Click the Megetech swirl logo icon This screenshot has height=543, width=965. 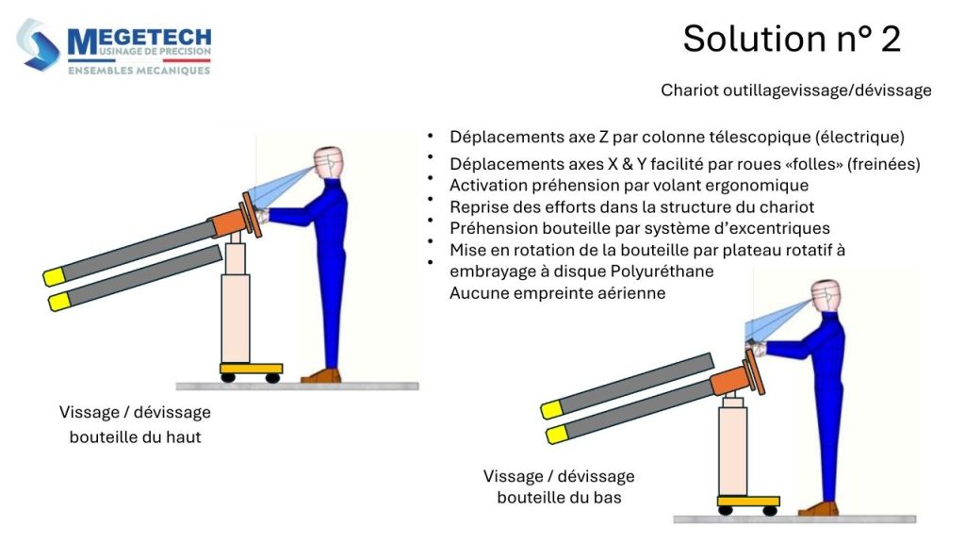point(39,45)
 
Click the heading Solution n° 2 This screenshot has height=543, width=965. point(791,39)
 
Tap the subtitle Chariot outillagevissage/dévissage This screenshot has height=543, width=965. point(795,90)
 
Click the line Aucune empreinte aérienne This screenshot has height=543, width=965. point(557,293)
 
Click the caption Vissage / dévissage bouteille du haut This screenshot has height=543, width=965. point(135,424)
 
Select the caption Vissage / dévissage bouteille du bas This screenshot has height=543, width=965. point(559,486)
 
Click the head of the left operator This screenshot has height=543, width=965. point(328,162)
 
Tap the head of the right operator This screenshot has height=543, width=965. point(824,295)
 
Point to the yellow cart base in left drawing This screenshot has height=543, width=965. point(251,368)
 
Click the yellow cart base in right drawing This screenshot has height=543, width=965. point(747,501)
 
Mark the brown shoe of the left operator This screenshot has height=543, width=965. point(322,375)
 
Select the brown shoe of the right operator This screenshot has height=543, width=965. point(819,509)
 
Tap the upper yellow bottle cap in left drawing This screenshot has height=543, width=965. point(53,277)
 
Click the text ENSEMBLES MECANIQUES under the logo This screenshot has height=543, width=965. point(139,70)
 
